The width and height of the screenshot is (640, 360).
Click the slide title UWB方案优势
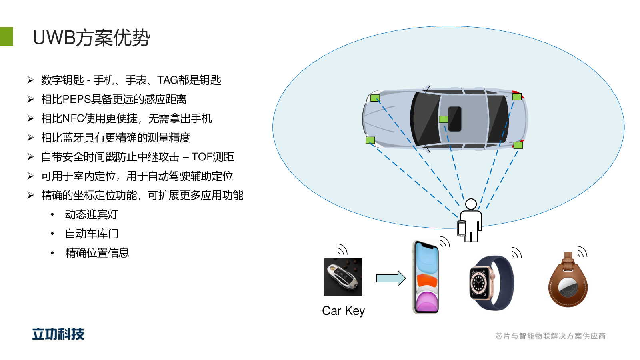[91, 38]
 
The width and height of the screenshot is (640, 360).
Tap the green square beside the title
[6, 36]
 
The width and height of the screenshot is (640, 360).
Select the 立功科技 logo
[58, 334]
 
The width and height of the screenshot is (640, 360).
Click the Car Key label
[343, 311]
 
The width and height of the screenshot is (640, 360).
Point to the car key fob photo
[343, 277]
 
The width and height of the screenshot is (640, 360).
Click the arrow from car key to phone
[391, 278]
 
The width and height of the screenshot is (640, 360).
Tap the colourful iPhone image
[426, 277]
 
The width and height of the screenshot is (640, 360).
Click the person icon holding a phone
[470, 221]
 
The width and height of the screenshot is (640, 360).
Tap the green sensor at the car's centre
[443, 119]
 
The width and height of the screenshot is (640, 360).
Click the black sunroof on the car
[455, 119]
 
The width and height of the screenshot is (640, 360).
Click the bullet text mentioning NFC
[126, 118]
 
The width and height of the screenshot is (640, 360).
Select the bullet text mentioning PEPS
[114, 99]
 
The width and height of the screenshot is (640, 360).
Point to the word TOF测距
[213, 157]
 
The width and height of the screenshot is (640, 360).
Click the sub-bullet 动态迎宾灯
[92, 214]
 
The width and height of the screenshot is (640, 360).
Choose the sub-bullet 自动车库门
[92, 234]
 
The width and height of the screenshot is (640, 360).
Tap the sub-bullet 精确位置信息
[97, 253]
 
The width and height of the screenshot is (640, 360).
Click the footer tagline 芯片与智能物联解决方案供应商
[550, 336]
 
